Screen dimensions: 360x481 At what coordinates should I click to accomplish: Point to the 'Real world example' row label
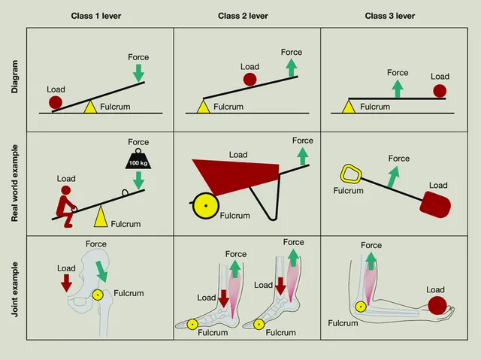tap(15, 183)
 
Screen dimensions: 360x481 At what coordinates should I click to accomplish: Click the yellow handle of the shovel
tap(349, 174)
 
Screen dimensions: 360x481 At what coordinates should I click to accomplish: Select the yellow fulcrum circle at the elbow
tap(361, 306)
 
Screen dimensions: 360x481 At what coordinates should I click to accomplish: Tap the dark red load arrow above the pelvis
tap(66, 282)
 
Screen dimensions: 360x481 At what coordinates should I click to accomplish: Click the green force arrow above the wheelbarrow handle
tap(303, 156)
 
